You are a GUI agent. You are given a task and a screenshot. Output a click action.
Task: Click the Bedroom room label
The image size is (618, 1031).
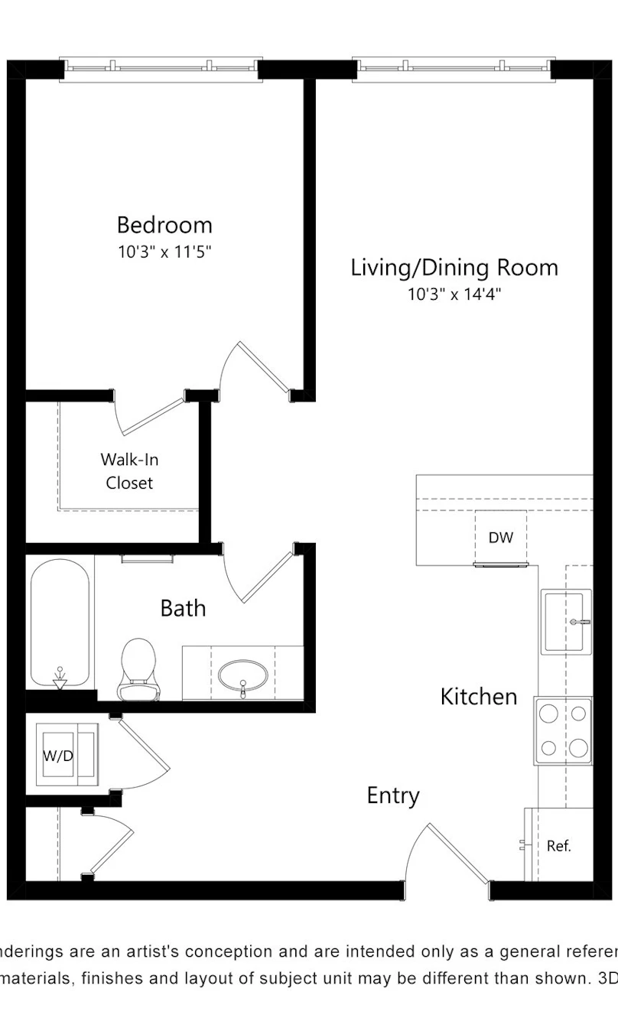(164, 225)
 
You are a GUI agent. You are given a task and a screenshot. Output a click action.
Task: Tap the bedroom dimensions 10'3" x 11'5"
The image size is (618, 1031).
(164, 252)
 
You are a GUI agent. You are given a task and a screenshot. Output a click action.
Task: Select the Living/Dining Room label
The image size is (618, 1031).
(454, 268)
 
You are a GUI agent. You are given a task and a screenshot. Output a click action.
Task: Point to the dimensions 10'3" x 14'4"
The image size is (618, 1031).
(454, 294)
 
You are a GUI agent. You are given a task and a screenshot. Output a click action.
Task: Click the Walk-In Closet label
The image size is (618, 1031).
(129, 471)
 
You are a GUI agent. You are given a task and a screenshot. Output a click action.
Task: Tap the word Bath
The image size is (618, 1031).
(183, 608)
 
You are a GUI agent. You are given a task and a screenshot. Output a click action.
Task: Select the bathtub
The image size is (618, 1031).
(60, 623)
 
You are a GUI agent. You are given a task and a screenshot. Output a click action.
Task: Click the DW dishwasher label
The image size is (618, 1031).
(501, 537)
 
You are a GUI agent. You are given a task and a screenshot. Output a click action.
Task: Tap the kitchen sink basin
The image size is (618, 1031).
(566, 621)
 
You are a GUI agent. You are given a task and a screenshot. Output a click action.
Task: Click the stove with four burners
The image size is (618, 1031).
(563, 731)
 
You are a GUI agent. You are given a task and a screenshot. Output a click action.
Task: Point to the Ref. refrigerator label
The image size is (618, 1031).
(558, 845)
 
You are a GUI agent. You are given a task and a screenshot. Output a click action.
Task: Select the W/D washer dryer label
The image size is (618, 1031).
(58, 756)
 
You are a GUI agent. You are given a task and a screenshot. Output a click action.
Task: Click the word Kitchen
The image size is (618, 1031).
(479, 697)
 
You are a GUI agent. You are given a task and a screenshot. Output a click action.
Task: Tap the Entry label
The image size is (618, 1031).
(393, 795)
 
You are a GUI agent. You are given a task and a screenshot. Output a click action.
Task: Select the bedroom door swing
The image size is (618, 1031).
(255, 370)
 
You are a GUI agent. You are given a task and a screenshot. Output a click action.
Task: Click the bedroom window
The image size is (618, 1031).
(161, 69)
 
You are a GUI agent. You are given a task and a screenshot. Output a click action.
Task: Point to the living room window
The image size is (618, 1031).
(454, 69)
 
